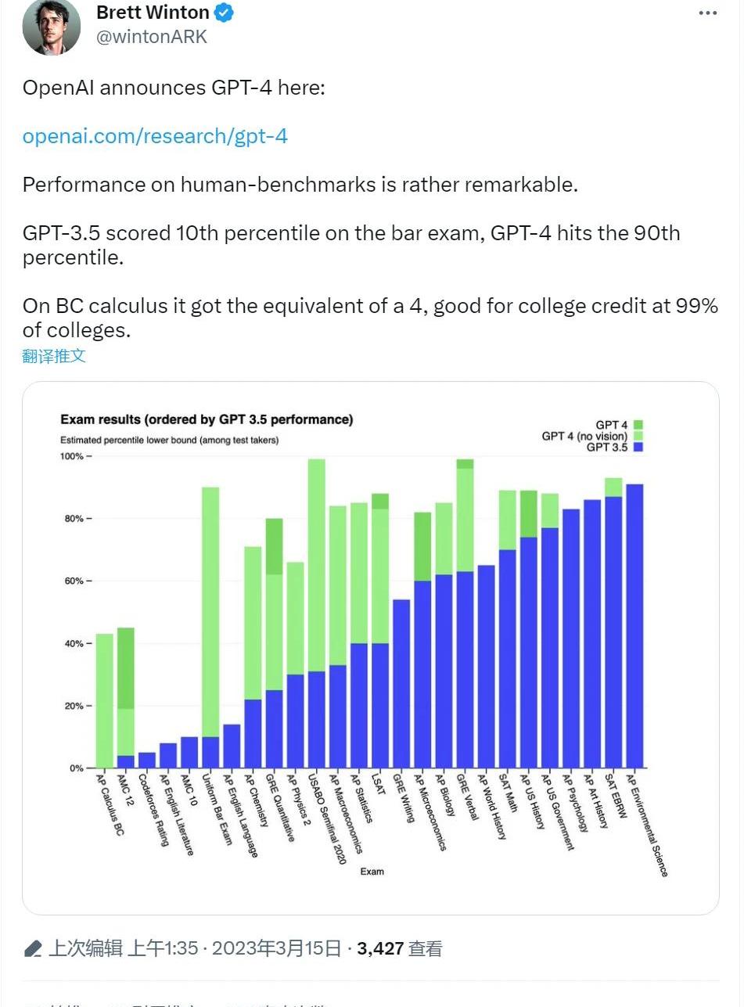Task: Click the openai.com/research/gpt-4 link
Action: [155, 136]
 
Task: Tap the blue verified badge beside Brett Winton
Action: [224, 13]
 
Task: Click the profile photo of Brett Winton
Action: [52, 27]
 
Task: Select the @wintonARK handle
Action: [152, 36]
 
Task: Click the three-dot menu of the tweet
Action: [707, 13]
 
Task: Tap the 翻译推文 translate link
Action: [54, 357]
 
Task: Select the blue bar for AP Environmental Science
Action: [634, 626]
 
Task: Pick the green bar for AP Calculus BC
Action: [104, 700]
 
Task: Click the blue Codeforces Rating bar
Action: [147, 760]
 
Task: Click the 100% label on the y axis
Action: [77, 456]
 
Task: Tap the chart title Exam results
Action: [207, 419]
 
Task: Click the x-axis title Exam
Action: [372, 871]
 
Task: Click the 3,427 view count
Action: [380, 949]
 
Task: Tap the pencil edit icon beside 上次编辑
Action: [33, 950]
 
